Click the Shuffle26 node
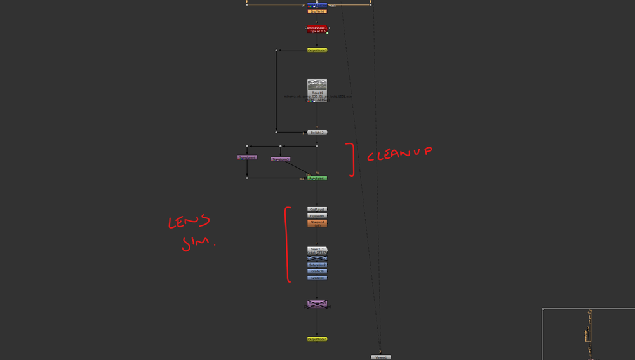tap(317, 11)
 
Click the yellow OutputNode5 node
tap(317, 50)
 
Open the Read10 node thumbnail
tap(317, 85)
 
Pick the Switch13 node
tap(317, 132)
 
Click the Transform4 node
tap(247, 157)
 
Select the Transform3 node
tap(281, 159)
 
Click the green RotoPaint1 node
tap(317, 178)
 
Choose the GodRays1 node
tap(317, 209)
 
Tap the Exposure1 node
tap(317, 215)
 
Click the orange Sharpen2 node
tap(317, 223)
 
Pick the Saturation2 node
tap(317, 265)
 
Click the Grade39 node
tap(317, 271)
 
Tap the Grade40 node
tap(317, 277)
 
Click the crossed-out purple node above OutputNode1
tap(317, 304)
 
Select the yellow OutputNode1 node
tap(317, 339)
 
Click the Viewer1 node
tap(381, 357)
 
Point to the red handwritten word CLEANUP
tap(401, 154)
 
